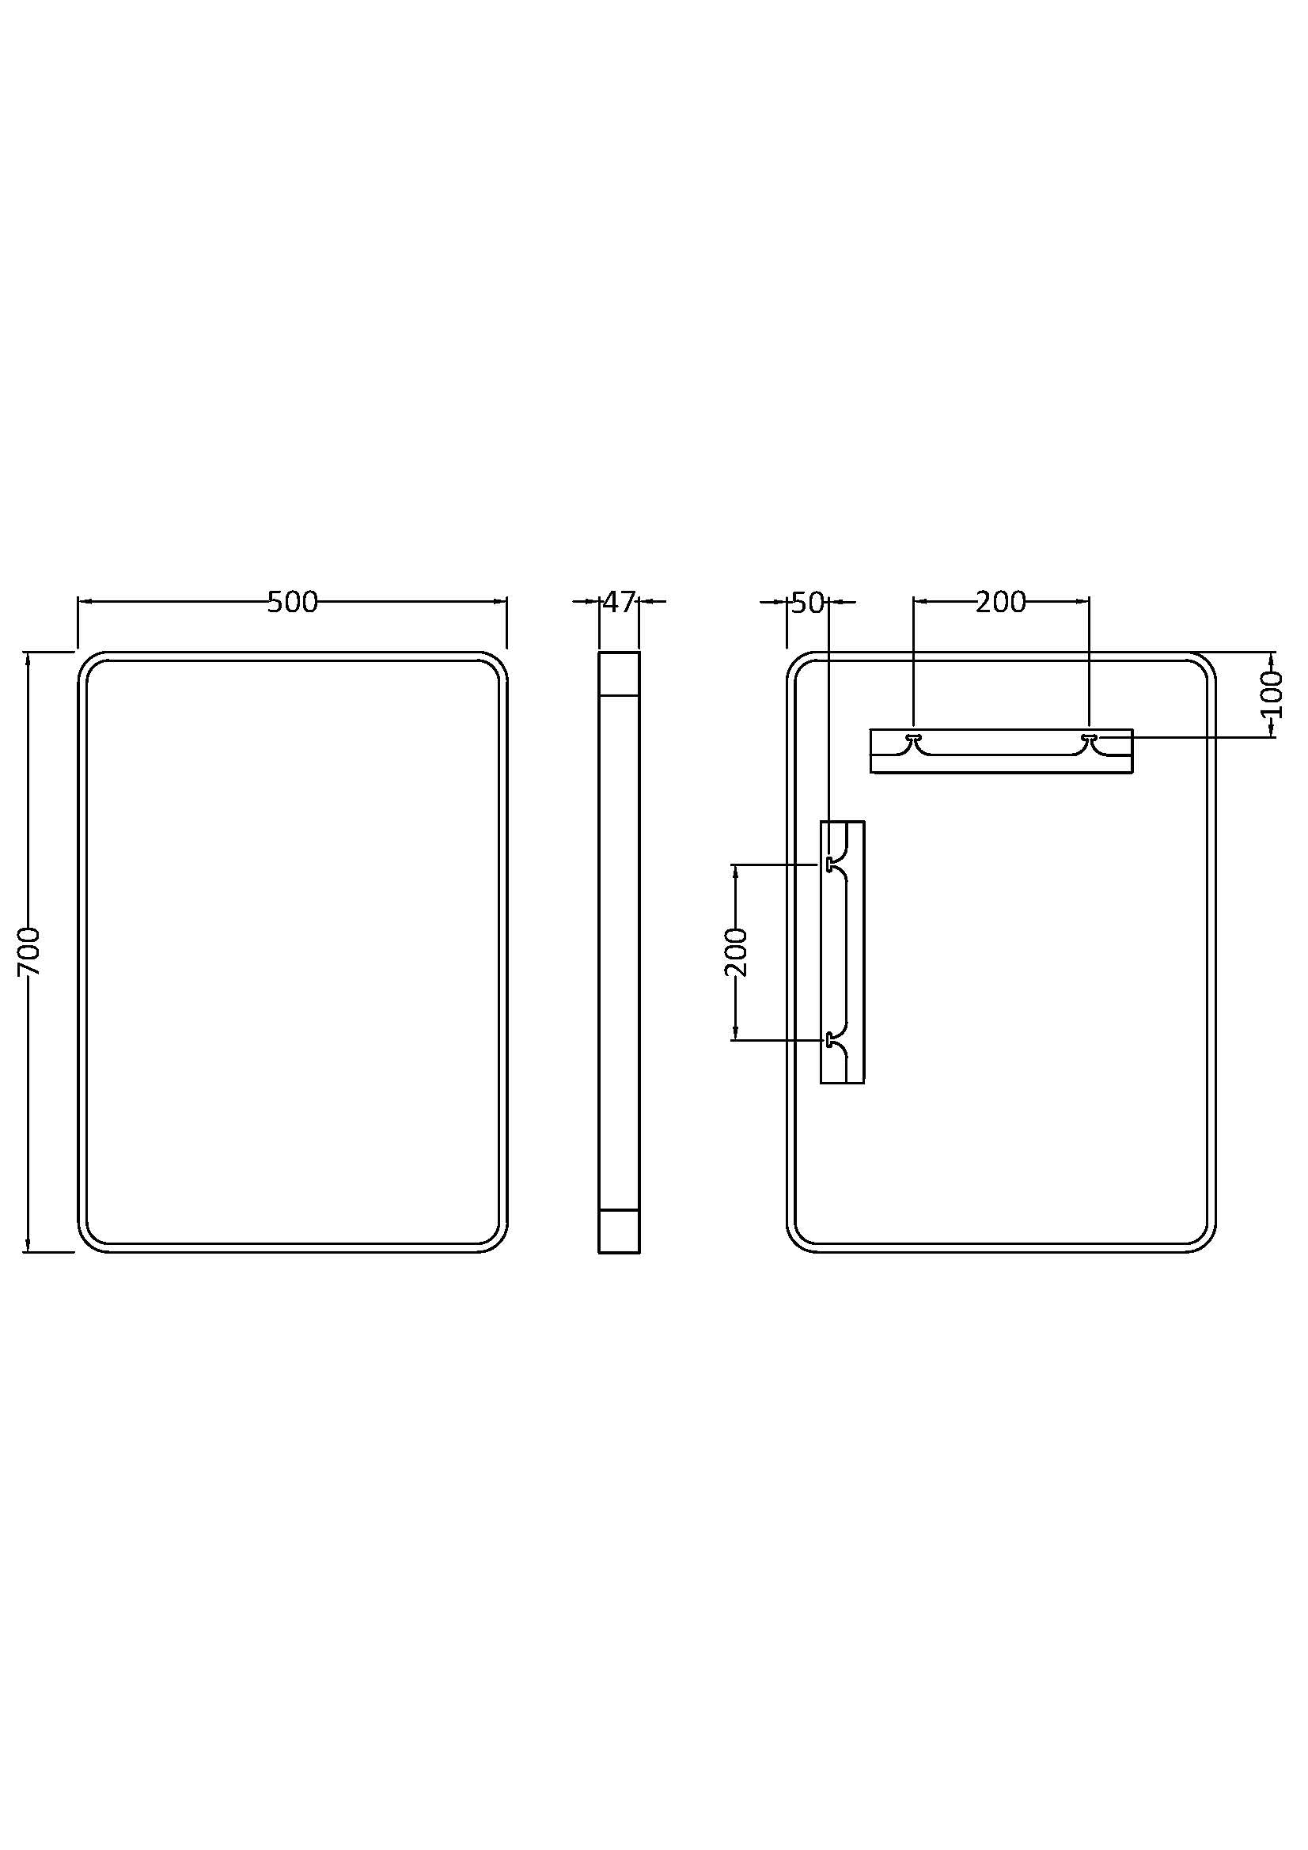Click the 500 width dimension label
point(293,602)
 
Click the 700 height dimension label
point(29,951)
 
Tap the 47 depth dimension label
point(619,602)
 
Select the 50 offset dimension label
point(808,602)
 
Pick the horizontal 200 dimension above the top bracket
point(1001,602)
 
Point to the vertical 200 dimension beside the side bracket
point(737,951)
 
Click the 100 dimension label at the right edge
point(1271,694)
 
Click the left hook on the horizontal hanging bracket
point(914,738)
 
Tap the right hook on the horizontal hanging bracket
point(1090,738)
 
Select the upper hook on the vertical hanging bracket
point(829,864)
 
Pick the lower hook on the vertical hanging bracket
point(829,1040)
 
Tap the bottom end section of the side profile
point(619,1231)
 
